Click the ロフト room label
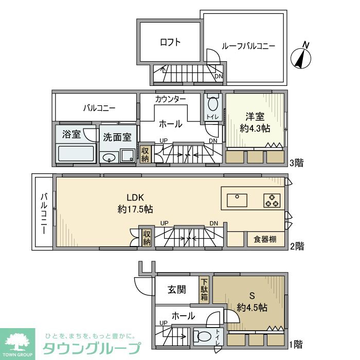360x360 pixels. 170,43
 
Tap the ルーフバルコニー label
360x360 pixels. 248,46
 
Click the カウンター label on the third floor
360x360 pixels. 170,98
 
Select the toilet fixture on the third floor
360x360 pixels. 213,105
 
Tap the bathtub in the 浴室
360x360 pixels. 76,153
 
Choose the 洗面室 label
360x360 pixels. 117,137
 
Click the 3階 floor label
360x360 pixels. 296,164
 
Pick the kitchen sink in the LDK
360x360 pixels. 237,198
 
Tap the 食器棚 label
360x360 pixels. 264,240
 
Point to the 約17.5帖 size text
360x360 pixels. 135,209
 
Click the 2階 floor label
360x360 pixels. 296,246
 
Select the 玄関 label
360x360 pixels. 176,290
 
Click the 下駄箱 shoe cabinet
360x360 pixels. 204,289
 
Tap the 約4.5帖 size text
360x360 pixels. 252,308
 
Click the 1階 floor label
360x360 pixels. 296,343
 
